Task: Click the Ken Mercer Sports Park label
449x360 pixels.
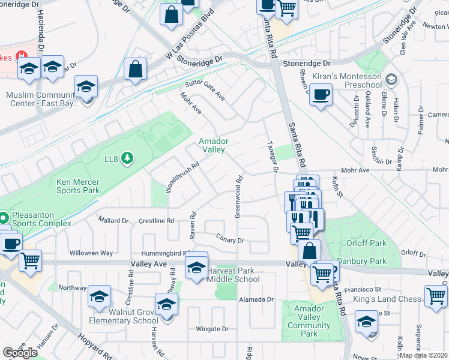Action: point(78,186)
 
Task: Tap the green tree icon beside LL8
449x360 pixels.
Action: point(127,158)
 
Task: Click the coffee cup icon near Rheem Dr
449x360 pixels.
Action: point(321,94)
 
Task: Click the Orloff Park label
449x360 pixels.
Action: point(366,243)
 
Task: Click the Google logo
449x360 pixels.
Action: point(20,353)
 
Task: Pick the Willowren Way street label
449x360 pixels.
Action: point(91,253)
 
